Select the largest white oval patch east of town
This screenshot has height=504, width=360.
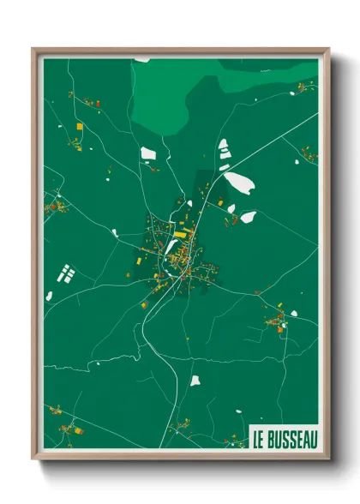[x=237, y=182]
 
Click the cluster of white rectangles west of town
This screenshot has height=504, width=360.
[x=66, y=275]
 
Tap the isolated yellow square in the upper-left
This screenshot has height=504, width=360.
[x=80, y=126]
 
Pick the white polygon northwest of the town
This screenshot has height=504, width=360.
[x=148, y=153]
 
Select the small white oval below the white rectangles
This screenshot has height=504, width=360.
[x=49, y=296]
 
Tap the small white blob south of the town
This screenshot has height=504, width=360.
[x=195, y=380]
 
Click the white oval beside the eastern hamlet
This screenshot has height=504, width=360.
[x=293, y=313]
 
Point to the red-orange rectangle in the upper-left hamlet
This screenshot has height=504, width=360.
[x=97, y=104]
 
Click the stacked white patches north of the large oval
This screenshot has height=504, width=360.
[x=224, y=149]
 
